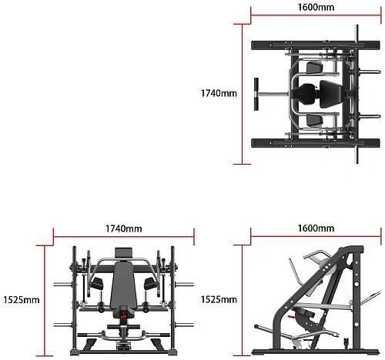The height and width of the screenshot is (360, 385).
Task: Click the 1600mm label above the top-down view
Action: point(316,7)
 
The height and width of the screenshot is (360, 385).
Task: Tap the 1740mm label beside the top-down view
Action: point(219,93)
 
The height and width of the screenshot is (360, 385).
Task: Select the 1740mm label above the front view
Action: point(124,228)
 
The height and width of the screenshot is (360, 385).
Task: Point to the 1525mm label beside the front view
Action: point(22,299)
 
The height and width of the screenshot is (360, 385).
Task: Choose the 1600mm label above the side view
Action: point(316,228)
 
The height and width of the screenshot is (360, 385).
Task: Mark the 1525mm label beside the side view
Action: point(219,299)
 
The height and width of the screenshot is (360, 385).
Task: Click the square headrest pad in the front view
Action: point(123,253)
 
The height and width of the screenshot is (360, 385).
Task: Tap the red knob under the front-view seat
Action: point(123,317)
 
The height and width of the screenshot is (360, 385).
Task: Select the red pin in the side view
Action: point(291,317)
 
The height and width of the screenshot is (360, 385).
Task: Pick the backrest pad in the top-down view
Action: point(330,94)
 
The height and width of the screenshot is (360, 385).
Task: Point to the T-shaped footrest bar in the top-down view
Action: point(269,94)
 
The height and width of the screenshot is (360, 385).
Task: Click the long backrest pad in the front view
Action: point(123,285)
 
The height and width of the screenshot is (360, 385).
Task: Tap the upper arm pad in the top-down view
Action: point(314,68)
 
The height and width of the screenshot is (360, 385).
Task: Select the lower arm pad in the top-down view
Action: point(314,121)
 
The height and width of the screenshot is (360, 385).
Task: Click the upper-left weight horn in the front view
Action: point(63,284)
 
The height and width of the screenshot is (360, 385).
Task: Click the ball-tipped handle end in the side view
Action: point(256,326)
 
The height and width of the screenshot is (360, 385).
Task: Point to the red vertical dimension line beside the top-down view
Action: point(242,94)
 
